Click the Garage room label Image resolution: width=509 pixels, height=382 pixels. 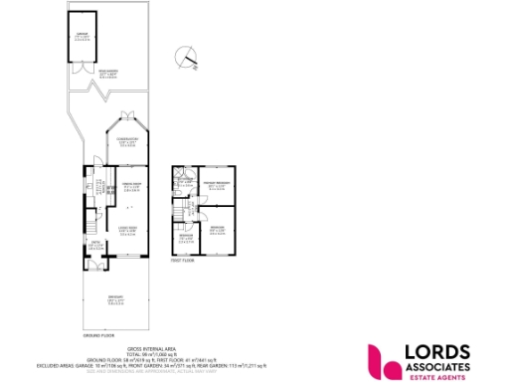tap(83, 37)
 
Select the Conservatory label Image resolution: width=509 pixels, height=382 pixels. tap(126, 140)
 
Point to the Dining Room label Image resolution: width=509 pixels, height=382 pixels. tap(129, 186)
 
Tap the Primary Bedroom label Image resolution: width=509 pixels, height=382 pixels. tap(217, 185)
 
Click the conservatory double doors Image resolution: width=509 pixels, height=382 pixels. tap(126, 115)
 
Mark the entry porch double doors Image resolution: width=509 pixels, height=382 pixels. tap(96, 266)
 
